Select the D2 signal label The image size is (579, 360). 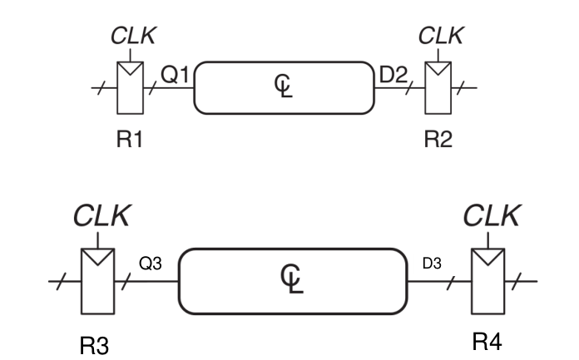coord(394,76)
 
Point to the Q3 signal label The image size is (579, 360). coord(150,262)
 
